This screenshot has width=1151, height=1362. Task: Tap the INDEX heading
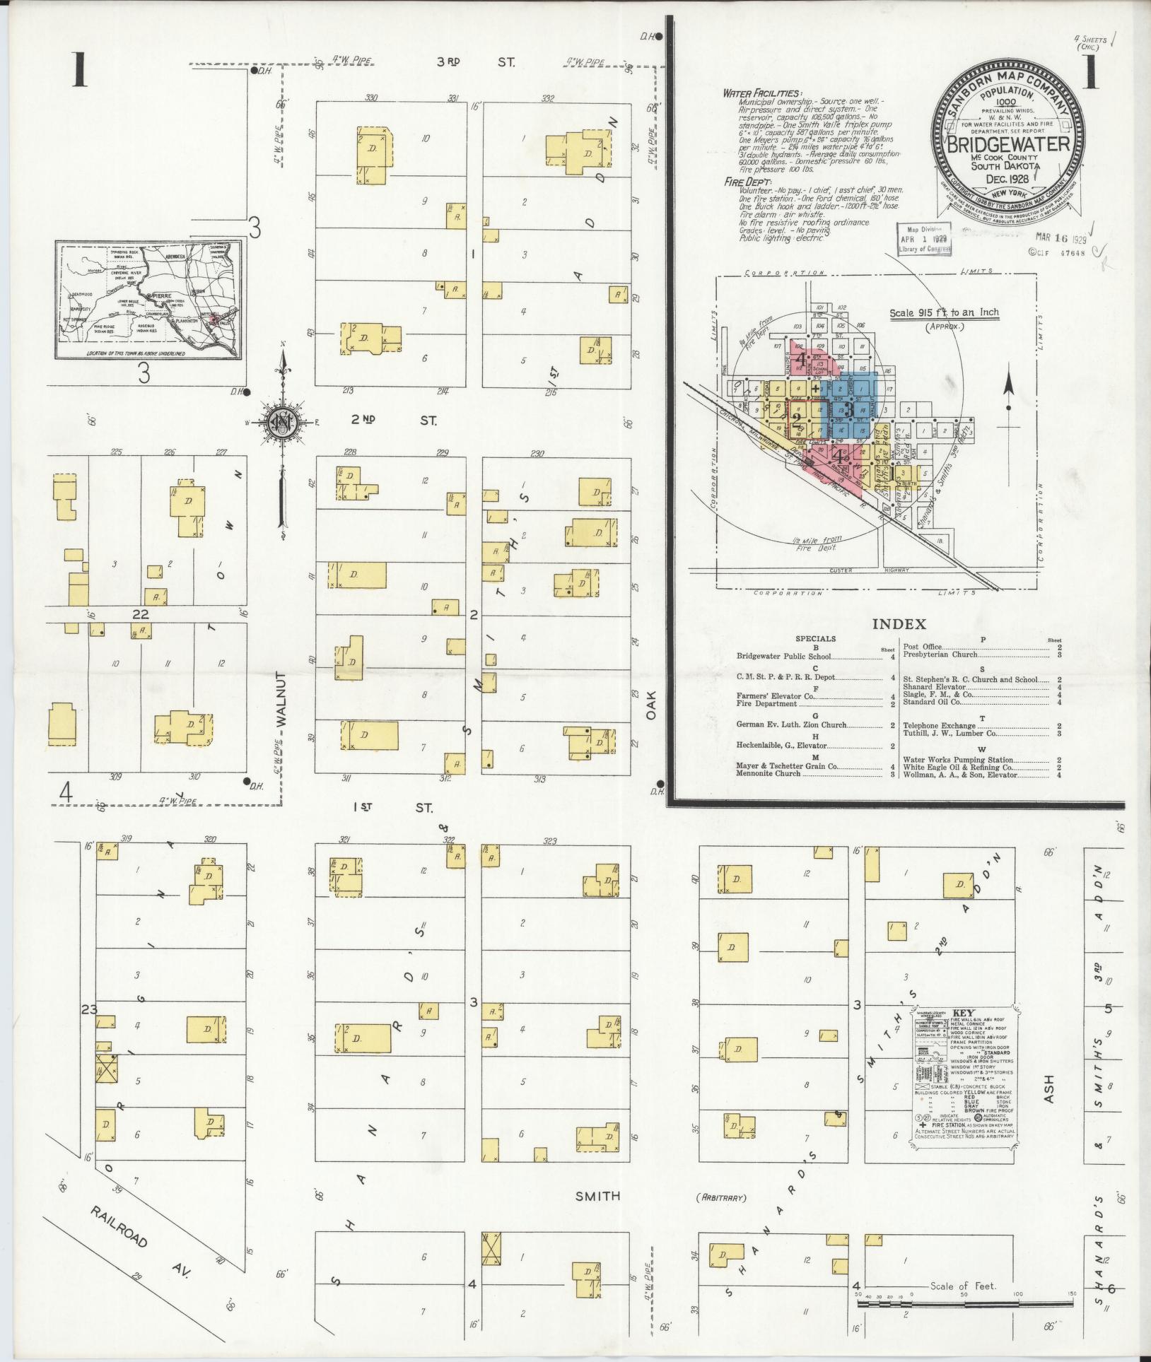pyautogui.click(x=899, y=624)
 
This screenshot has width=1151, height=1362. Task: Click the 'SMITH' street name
pyautogui.click(x=597, y=1196)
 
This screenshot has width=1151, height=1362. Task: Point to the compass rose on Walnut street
pyautogui.click(x=283, y=423)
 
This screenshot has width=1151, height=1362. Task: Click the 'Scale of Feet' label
pyautogui.click(x=963, y=1286)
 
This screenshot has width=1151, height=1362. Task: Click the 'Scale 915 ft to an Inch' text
pyautogui.click(x=944, y=313)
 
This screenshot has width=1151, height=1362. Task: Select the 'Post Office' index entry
pyautogui.click(x=923, y=647)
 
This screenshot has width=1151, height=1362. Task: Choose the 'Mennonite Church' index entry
pyautogui.click(x=769, y=773)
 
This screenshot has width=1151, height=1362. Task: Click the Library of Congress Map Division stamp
pyautogui.click(x=925, y=240)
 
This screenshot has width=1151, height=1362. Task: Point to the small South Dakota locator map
pyautogui.click(x=148, y=300)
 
